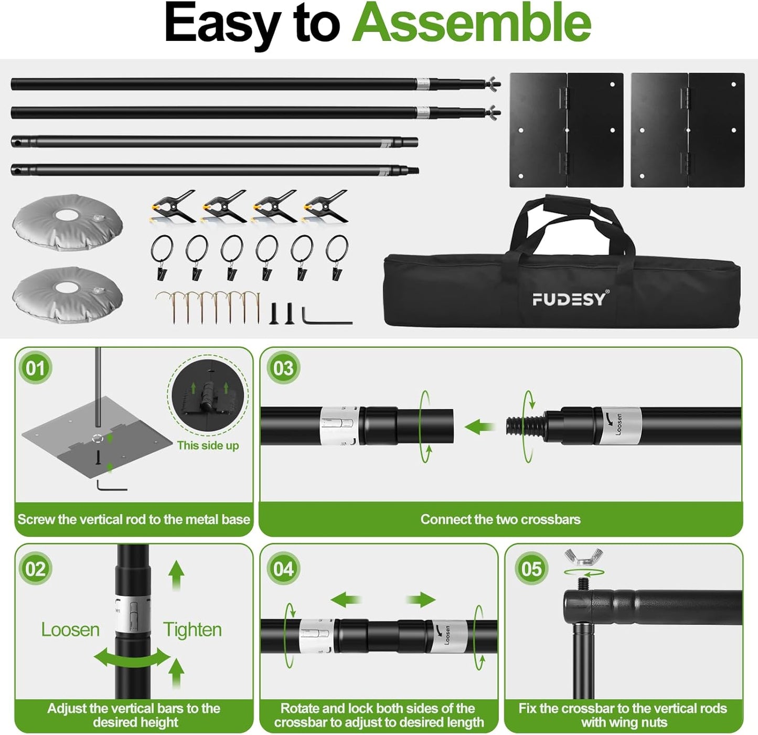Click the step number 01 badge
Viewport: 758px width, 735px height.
[35, 368]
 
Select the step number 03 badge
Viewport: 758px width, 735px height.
[283, 368]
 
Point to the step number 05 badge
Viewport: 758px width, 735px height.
[531, 569]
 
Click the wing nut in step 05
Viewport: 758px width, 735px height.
[583, 557]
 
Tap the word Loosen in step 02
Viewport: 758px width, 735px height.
[70, 630]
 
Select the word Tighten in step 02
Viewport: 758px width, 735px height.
[192, 630]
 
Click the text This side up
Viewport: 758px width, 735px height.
[208, 445]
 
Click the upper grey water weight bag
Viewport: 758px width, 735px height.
[67, 220]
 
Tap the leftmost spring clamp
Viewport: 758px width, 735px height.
[172, 207]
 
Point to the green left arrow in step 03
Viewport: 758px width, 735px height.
[479, 427]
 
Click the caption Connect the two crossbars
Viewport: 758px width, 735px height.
[500, 519]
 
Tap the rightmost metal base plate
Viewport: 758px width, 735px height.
[687, 130]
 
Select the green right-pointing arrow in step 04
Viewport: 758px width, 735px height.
[421, 600]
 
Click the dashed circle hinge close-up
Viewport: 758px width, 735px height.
[208, 395]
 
